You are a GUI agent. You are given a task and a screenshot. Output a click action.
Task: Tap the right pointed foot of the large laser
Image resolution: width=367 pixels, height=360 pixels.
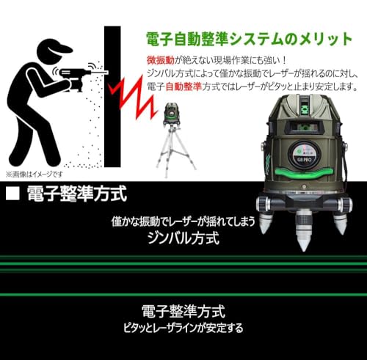339,220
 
